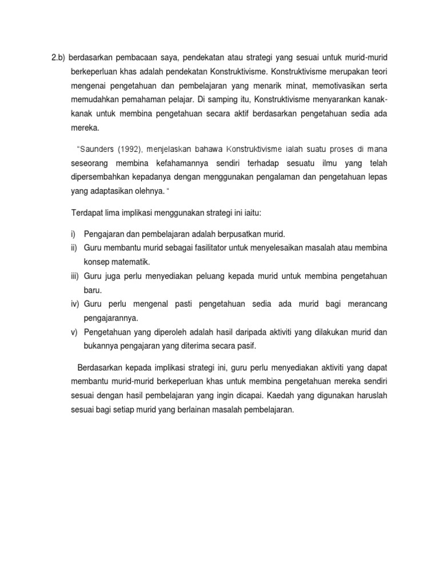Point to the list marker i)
pyautogui.click(x=74, y=234)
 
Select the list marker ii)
pyautogui.click(x=74, y=249)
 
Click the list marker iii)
pyautogui.click(x=75, y=276)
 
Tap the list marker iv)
pyautogui.click(x=75, y=304)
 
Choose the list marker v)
pyautogui.click(x=74, y=331)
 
